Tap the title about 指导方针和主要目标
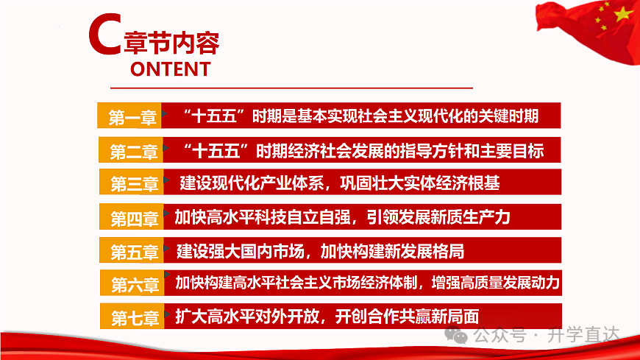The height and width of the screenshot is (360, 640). pyautogui.click(x=365, y=152)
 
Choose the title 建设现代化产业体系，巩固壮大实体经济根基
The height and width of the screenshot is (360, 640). pyautogui.click(x=340, y=182)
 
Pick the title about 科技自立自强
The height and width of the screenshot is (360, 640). pyautogui.click(x=342, y=217)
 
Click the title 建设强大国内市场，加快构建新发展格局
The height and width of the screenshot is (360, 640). pyautogui.click(x=321, y=252)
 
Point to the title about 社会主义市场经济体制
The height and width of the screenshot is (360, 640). pyautogui.click(x=367, y=283)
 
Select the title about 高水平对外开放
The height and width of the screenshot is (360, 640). pyautogui.click(x=327, y=317)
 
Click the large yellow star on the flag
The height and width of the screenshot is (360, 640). pyautogui.click(x=622, y=14)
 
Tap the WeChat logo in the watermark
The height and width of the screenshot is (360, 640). pyautogui.click(x=458, y=336)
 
